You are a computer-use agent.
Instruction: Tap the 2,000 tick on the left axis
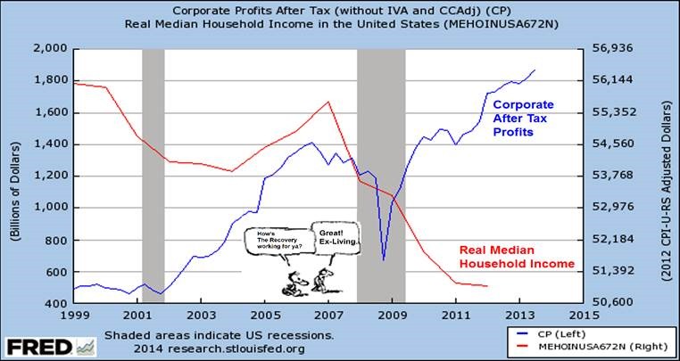point(52,48)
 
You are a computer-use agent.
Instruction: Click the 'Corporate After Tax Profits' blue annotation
point(525,118)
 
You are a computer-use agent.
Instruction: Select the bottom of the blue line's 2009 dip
point(384,259)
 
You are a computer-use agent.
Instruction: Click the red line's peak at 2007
point(328,102)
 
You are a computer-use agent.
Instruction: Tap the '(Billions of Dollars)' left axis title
point(13,175)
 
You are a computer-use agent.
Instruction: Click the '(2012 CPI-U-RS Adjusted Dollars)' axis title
point(667,175)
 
